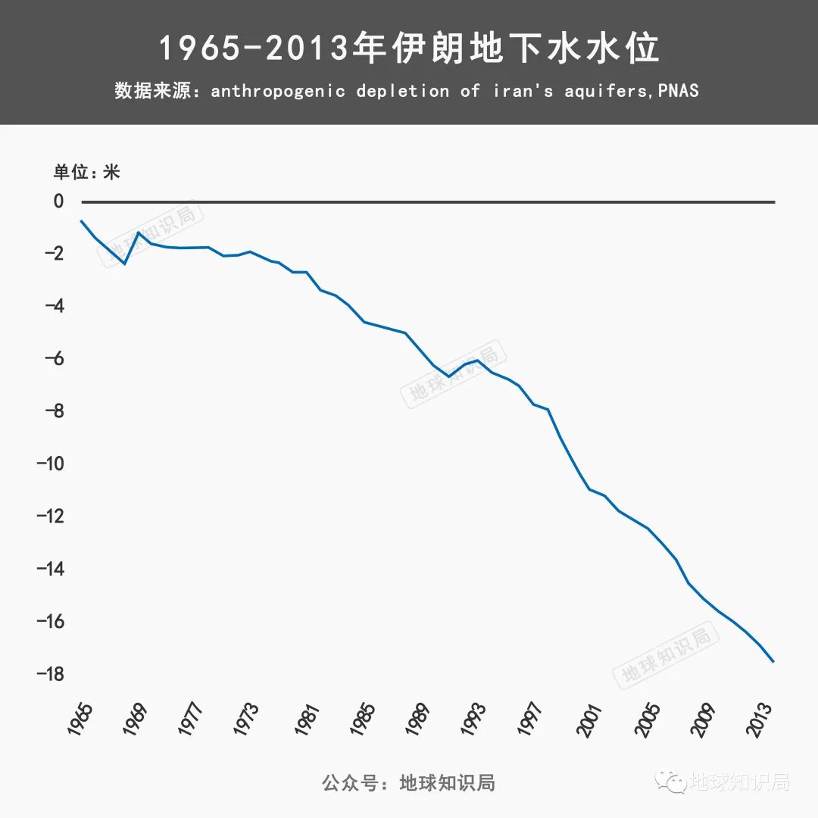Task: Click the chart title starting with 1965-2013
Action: point(409,48)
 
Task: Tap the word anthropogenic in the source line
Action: point(278,92)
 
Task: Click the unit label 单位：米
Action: point(86,172)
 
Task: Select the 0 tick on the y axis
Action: point(58,201)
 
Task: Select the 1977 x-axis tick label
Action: point(190,720)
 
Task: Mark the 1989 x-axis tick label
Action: point(417,720)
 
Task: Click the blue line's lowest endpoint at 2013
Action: point(773,662)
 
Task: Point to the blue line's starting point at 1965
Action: point(81,220)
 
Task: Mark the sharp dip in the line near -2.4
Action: point(124,263)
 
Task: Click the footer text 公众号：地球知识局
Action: point(409,782)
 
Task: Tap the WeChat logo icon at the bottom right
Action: point(671,781)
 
